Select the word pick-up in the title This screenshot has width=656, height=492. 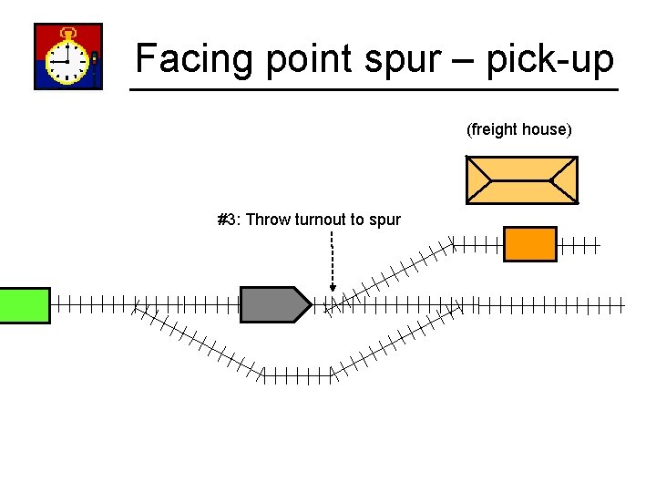(x=549, y=60)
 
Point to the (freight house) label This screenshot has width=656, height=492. (x=519, y=129)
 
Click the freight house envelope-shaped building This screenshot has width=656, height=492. (x=521, y=179)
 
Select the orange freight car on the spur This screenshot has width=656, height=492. (x=529, y=244)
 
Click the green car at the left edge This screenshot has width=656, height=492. (x=25, y=304)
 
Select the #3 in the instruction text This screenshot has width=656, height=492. (x=228, y=220)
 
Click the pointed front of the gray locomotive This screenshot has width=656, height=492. (x=304, y=304)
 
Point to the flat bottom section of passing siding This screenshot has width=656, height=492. (x=296, y=373)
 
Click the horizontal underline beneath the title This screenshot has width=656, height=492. (x=374, y=89)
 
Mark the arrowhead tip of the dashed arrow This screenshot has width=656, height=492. (x=333, y=291)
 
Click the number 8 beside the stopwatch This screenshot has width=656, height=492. (x=95, y=59)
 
